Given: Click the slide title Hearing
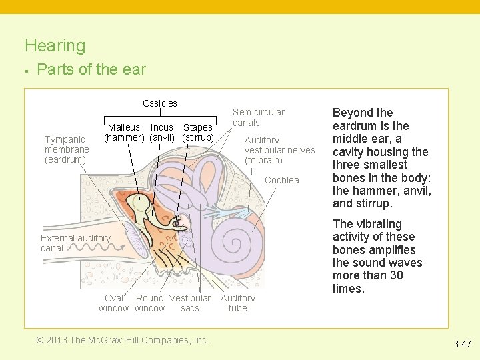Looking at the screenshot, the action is coord(55,45).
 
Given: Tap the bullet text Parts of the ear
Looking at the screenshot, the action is coord(91,69).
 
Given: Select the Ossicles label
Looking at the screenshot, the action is coord(160,103).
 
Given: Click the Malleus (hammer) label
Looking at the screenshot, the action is coord(124,133).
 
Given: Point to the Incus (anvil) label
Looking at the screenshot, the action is coord(162,133).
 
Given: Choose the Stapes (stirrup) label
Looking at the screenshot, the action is coord(198,133).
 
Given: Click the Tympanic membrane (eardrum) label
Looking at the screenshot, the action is coord(67,149).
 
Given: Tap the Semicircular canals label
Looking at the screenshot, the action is coord(258,117).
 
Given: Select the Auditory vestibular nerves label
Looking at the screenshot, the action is coord(279,150).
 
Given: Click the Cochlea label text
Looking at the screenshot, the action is coord(282,180).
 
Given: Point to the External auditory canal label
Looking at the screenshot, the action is coord(75,243).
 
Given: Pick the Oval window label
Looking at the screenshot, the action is coord(113,303).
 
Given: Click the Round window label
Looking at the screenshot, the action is coord(149,303).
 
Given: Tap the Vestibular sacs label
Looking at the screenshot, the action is coord(190,303).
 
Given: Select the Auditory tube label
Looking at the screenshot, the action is coord(237,303).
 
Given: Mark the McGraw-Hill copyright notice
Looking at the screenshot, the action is coord(123,340).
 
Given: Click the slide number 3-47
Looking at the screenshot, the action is coord(462,345).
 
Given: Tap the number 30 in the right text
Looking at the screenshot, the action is coord(395,275).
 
